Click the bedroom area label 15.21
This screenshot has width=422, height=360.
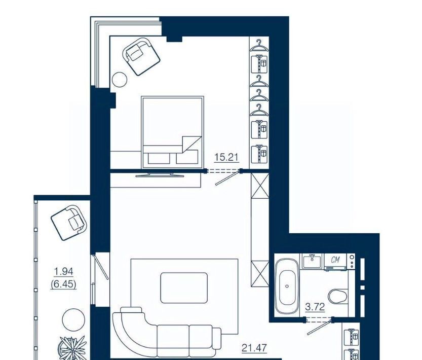coord(226,157)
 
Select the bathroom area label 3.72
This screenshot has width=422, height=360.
coord(315,307)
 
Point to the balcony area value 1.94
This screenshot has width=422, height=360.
coord(63,272)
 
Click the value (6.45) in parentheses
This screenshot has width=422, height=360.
coord(63,284)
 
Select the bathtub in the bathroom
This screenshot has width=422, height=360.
coord(287,286)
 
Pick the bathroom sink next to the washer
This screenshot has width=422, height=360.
coord(313,261)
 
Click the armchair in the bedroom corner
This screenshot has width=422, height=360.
coord(141,56)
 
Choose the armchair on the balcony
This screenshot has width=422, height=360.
coord(70,222)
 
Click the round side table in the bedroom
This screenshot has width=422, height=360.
coord(120,80)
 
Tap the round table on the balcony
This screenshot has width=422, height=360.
coord(73,320)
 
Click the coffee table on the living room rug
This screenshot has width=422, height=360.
coord(184,288)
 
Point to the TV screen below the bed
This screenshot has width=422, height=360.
coord(160,175)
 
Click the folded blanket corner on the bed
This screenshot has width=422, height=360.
coord(191,145)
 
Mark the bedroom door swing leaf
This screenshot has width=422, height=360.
coord(227,178)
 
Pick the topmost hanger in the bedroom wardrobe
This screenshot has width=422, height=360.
coord(259,45)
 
